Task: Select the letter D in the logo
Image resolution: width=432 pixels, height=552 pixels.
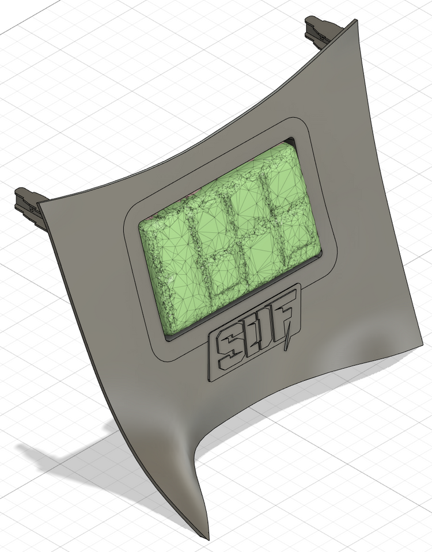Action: tap(257, 330)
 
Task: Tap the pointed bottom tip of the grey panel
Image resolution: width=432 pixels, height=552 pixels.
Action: tap(205, 536)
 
